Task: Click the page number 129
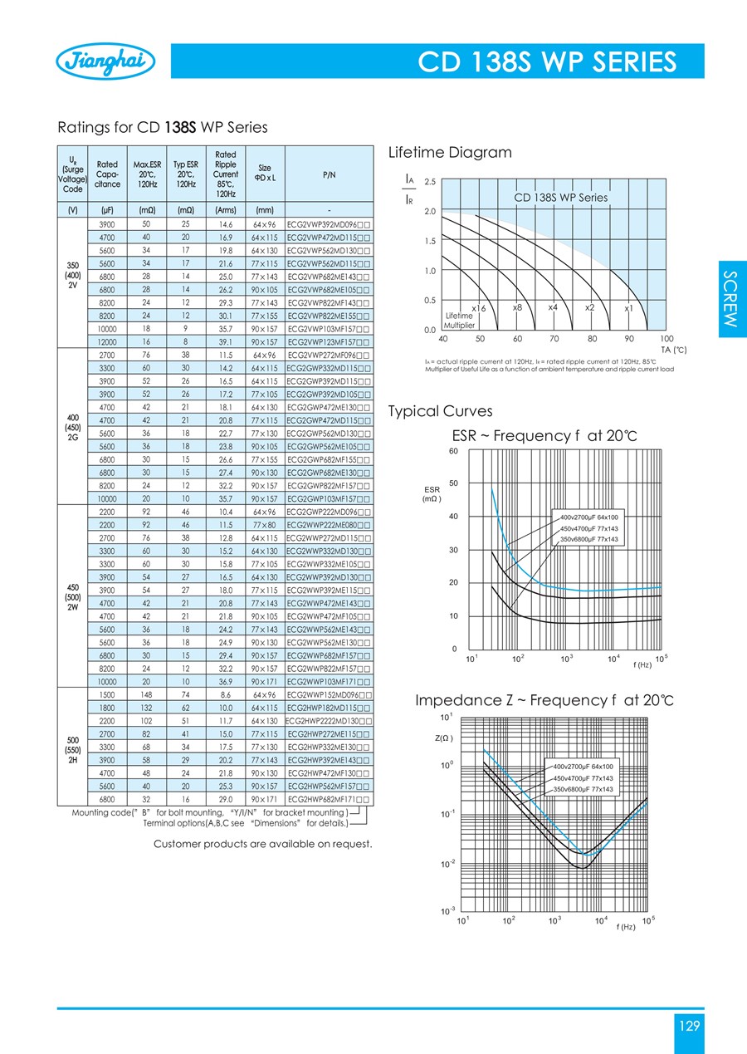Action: pyautogui.click(x=690, y=1026)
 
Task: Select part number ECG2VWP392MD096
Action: pyautogui.click(x=329, y=225)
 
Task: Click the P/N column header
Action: pyautogui.click(x=329, y=175)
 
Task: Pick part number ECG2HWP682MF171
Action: pyautogui.click(x=329, y=799)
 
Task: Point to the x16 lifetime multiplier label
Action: pyautogui.click(x=478, y=308)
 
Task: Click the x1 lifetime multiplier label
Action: pyautogui.click(x=629, y=308)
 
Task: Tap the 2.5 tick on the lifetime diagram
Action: pyautogui.click(x=430, y=181)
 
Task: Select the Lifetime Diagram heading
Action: pyautogui.click(x=450, y=153)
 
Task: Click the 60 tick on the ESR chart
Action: pyautogui.click(x=453, y=451)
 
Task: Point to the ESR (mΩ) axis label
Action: pyautogui.click(x=432, y=494)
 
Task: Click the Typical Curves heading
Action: pyautogui.click(x=440, y=411)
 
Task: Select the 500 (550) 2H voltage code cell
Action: pyautogui.click(x=71, y=746)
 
